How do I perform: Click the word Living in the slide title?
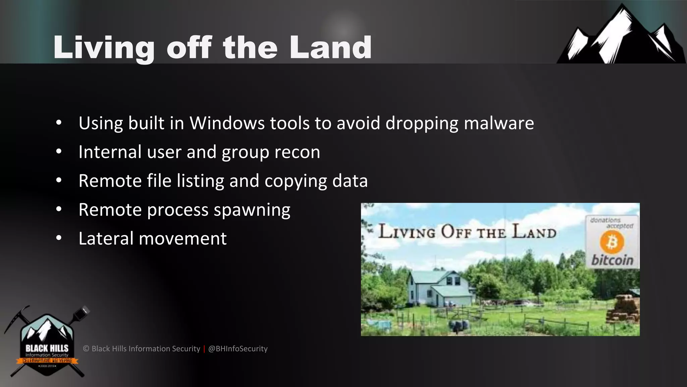pyautogui.click(x=104, y=48)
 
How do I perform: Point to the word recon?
pyautogui.click(x=297, y=152)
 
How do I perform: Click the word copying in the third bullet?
pyautogui.click(x=296, y=181)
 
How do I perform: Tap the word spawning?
pyautogui.click(x=252, y=210)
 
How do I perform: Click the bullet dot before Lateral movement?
pyautogui.click(x=59, y=238)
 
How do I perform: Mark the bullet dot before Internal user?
pyautogui.click(x=59, y=152)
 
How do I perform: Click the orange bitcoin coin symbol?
pyautogui.click(x=612, y=243)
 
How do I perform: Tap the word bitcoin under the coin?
pyautogui.click(x=612, y=260)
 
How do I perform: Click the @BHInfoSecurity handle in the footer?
pyautogui.click(x=238, y=349)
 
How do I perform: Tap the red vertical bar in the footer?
pyautogui.click(x=204, y=349)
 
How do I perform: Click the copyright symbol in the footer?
pyautogui.click(x=86, y=349)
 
